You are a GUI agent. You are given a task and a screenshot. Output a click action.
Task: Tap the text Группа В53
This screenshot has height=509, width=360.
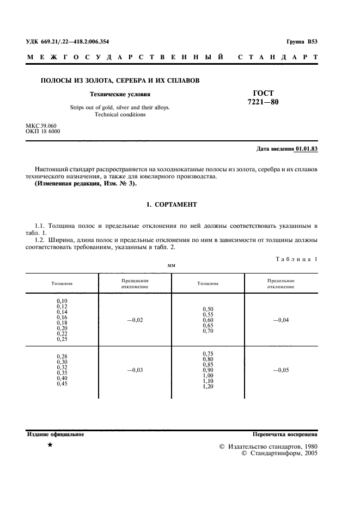coord(301,42)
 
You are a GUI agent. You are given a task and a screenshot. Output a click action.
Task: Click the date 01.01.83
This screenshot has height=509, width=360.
coord(306,148)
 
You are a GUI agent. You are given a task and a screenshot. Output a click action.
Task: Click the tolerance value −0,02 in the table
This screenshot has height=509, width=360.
coord(135,320)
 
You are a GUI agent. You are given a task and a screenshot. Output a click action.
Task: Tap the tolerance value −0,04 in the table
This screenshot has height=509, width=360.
coord(281,320)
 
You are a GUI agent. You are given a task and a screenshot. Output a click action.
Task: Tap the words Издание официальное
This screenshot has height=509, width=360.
coord(55,434)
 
